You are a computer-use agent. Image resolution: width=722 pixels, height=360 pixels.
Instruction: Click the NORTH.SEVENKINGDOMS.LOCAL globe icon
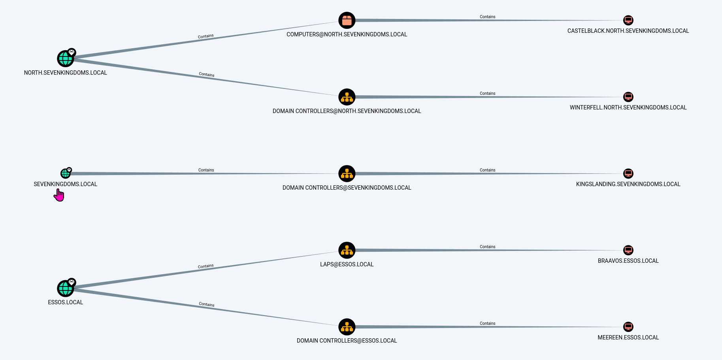65,59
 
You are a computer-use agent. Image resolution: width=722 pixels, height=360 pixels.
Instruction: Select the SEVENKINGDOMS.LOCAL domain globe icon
65,173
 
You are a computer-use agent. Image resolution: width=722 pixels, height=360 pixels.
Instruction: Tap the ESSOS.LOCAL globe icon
65,288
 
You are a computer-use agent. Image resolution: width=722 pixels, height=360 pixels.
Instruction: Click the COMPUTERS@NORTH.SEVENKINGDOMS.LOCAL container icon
347,21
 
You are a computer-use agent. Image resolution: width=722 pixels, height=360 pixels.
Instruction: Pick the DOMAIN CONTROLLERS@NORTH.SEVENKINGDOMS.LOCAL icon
347,97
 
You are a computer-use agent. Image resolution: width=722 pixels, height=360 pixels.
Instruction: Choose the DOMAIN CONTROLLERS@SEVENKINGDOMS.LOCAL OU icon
347,174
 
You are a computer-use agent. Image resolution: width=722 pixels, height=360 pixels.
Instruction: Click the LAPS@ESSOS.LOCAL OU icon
347,251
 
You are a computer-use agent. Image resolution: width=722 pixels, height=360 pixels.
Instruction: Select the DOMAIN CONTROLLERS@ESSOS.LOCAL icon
347,327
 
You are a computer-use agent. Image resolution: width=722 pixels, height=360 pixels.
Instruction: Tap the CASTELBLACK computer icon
628,20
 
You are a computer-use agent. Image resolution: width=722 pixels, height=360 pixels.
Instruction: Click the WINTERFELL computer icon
628,97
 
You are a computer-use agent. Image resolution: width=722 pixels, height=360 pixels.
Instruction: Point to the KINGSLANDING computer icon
628,173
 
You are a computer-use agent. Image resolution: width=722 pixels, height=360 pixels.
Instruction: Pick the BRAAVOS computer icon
628,250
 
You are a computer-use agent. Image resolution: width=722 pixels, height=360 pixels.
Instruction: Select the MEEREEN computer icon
628,327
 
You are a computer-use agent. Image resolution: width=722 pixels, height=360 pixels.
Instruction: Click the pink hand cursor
59,195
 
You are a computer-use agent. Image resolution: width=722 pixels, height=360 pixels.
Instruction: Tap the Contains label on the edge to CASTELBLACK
488,17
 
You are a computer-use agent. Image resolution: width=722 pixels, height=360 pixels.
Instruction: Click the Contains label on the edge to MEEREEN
488,323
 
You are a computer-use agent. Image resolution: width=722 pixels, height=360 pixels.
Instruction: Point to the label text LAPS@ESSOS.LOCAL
347,264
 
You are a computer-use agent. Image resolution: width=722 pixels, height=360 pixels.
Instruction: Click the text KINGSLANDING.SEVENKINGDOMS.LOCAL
628,184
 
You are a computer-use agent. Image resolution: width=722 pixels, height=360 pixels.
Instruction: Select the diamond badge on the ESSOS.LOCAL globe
72,282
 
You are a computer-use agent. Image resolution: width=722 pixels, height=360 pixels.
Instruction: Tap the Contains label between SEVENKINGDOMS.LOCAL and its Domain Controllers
206,170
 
